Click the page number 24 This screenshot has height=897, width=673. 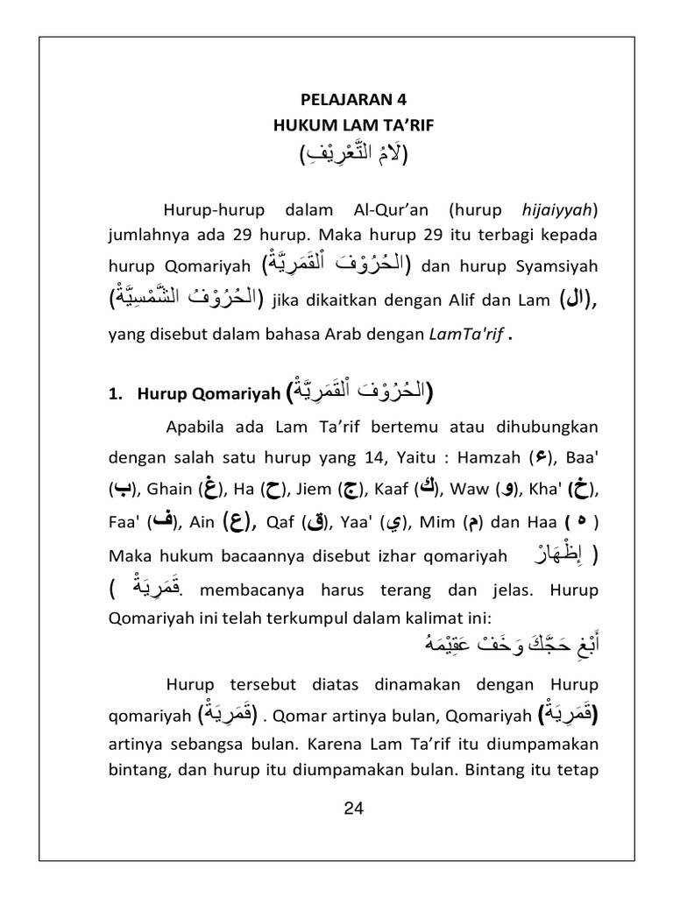[353, 809]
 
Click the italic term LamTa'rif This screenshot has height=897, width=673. [464, 333]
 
